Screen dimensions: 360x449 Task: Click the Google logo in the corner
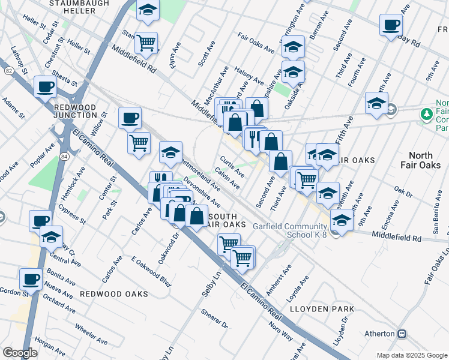(x=20, y=353)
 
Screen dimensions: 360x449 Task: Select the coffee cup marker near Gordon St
(x=31, y=278)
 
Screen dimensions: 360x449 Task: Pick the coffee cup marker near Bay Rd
(x=391, y=25)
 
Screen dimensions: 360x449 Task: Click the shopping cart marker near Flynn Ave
(x=146, y=43)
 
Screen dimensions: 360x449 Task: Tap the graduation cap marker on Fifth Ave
(x=376, y=103)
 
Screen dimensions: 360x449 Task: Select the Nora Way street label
(x=282, y=331)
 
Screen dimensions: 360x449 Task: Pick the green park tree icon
(x=427, y=113)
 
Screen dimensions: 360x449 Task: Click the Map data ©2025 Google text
(x=411, y=355)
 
